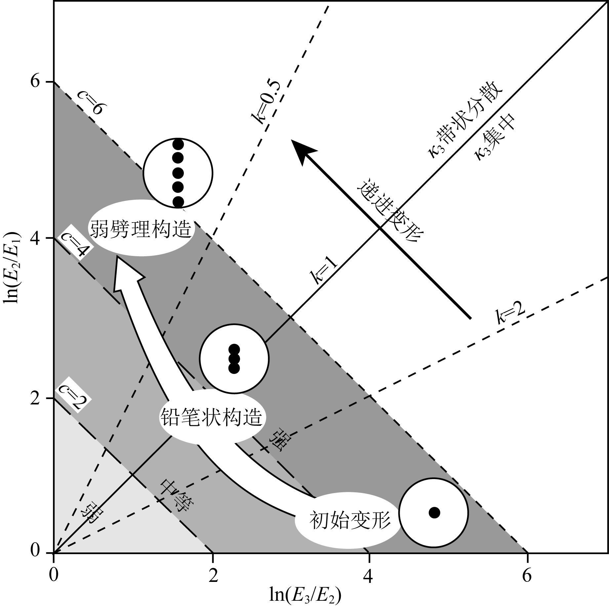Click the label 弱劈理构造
(x=141, y=228)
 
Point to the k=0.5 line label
(x=266, y=103)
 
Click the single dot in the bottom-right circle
(x=434, y=512)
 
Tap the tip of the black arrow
(x=292, y=141)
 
